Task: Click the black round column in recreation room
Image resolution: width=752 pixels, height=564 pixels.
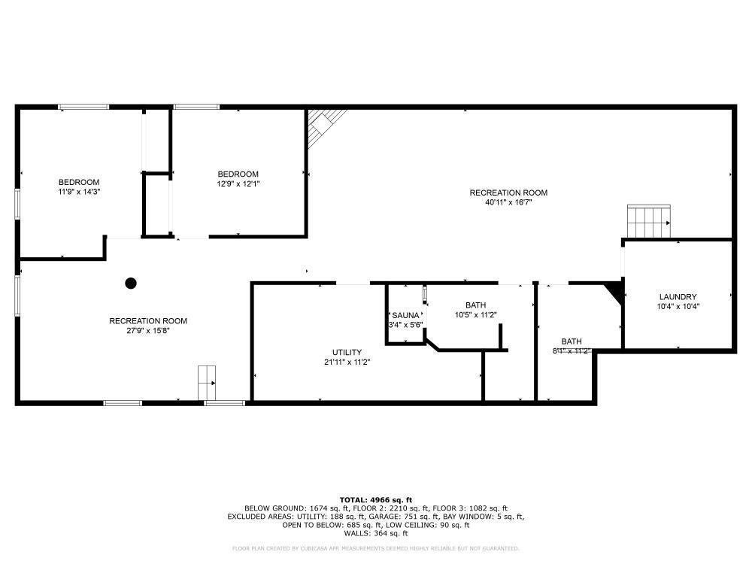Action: point(131,284)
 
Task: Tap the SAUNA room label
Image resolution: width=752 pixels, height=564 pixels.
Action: point(405,315)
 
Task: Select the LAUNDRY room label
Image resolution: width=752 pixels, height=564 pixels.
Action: point(678,296)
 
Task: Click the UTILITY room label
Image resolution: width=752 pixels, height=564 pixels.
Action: point(347,352)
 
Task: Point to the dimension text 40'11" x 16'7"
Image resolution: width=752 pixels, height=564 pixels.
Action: point(508,202)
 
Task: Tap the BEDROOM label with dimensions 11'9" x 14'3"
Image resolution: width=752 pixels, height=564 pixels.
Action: point(79,182)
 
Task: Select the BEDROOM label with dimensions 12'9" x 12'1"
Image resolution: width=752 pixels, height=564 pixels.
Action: point(238,174)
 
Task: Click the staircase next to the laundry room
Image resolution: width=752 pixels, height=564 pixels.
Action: point(649,221)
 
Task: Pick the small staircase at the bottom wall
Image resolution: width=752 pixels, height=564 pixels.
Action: point(207,383)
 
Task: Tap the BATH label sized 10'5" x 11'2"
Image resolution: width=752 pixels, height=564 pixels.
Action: point(475,305)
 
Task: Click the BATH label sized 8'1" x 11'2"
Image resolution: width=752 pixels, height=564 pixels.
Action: point(572,341)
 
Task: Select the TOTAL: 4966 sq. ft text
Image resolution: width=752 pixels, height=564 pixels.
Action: point(376,500)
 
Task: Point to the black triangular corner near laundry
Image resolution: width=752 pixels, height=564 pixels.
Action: point(616,292)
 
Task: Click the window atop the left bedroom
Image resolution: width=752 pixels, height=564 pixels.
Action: point(83,107)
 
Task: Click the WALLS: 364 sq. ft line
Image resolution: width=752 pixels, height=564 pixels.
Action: point(376,533)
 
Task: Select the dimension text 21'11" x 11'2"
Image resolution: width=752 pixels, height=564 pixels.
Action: point(347,362)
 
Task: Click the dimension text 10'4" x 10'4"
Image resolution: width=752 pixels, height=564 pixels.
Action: point(678,306)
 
